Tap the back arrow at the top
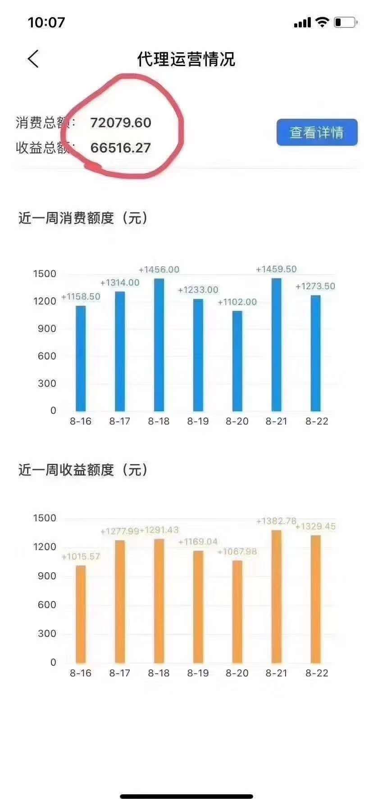click(33, 59)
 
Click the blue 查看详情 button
click(317, 132)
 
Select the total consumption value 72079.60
click(121, 123)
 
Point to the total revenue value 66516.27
click(121, 148)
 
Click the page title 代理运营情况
click(186, 59)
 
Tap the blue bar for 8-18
click(159, 345)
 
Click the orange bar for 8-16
click(81, 614)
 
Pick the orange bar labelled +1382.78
click(276, 596)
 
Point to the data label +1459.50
click(276, 269)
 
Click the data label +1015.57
click(81, 557)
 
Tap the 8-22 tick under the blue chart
click(317, 421)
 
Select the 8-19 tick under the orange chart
click(198, 673)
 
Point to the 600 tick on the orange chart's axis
click(47, 605)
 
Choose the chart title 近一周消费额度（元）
click(84, 218)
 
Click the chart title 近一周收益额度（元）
click(84, 470)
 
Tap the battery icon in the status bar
click(345, 22)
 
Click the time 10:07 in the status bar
click(46, 22)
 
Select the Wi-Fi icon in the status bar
click(322, 22)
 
